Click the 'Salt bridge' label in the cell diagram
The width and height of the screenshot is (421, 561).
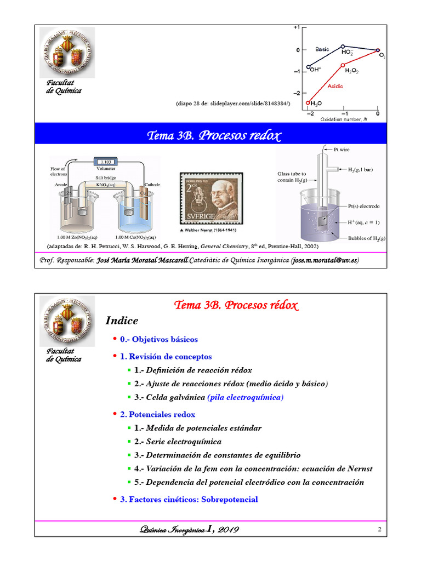pyautogui.click(x=105, y=178)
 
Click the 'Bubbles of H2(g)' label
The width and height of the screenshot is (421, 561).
pyautogui.click(x=367, y=238)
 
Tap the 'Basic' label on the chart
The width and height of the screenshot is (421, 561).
pyautogui.click(x=322, y=49)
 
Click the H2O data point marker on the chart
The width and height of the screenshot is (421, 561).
pyautogui.click(x=308, y=102)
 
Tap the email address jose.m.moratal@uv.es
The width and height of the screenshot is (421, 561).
pyautogui.click(x=326, y=259)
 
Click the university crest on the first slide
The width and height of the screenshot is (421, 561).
pyautogui.click(x=67, y=52)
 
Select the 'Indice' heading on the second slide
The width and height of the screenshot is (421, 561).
pyautogui.click(x=122, y=320)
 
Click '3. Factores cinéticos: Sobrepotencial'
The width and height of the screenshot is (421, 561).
pyautogui.click(x=189, y=499)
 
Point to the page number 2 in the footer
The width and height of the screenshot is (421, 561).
pyautogui.click(x=379, y=529)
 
